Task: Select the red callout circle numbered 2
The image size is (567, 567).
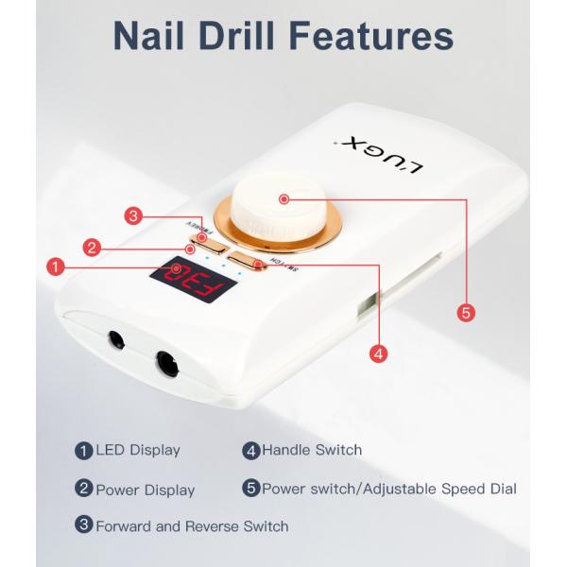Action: (91, 248)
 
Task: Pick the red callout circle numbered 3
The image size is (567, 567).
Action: (134, 216)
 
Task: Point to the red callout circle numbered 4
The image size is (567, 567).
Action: (378, 354)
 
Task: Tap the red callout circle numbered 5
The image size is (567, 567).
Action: (465, 311)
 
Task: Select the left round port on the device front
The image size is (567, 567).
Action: (118, 337)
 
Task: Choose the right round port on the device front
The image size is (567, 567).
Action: (167, 361)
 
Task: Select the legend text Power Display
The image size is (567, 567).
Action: (145, 490)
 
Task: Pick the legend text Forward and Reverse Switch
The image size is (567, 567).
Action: (191, 525)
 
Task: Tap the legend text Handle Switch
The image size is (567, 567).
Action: (312, 450)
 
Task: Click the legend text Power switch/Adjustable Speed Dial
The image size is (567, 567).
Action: (388, 489)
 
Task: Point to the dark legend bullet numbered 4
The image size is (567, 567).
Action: (251, 450)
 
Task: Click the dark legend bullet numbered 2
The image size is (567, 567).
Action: (84, 489)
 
